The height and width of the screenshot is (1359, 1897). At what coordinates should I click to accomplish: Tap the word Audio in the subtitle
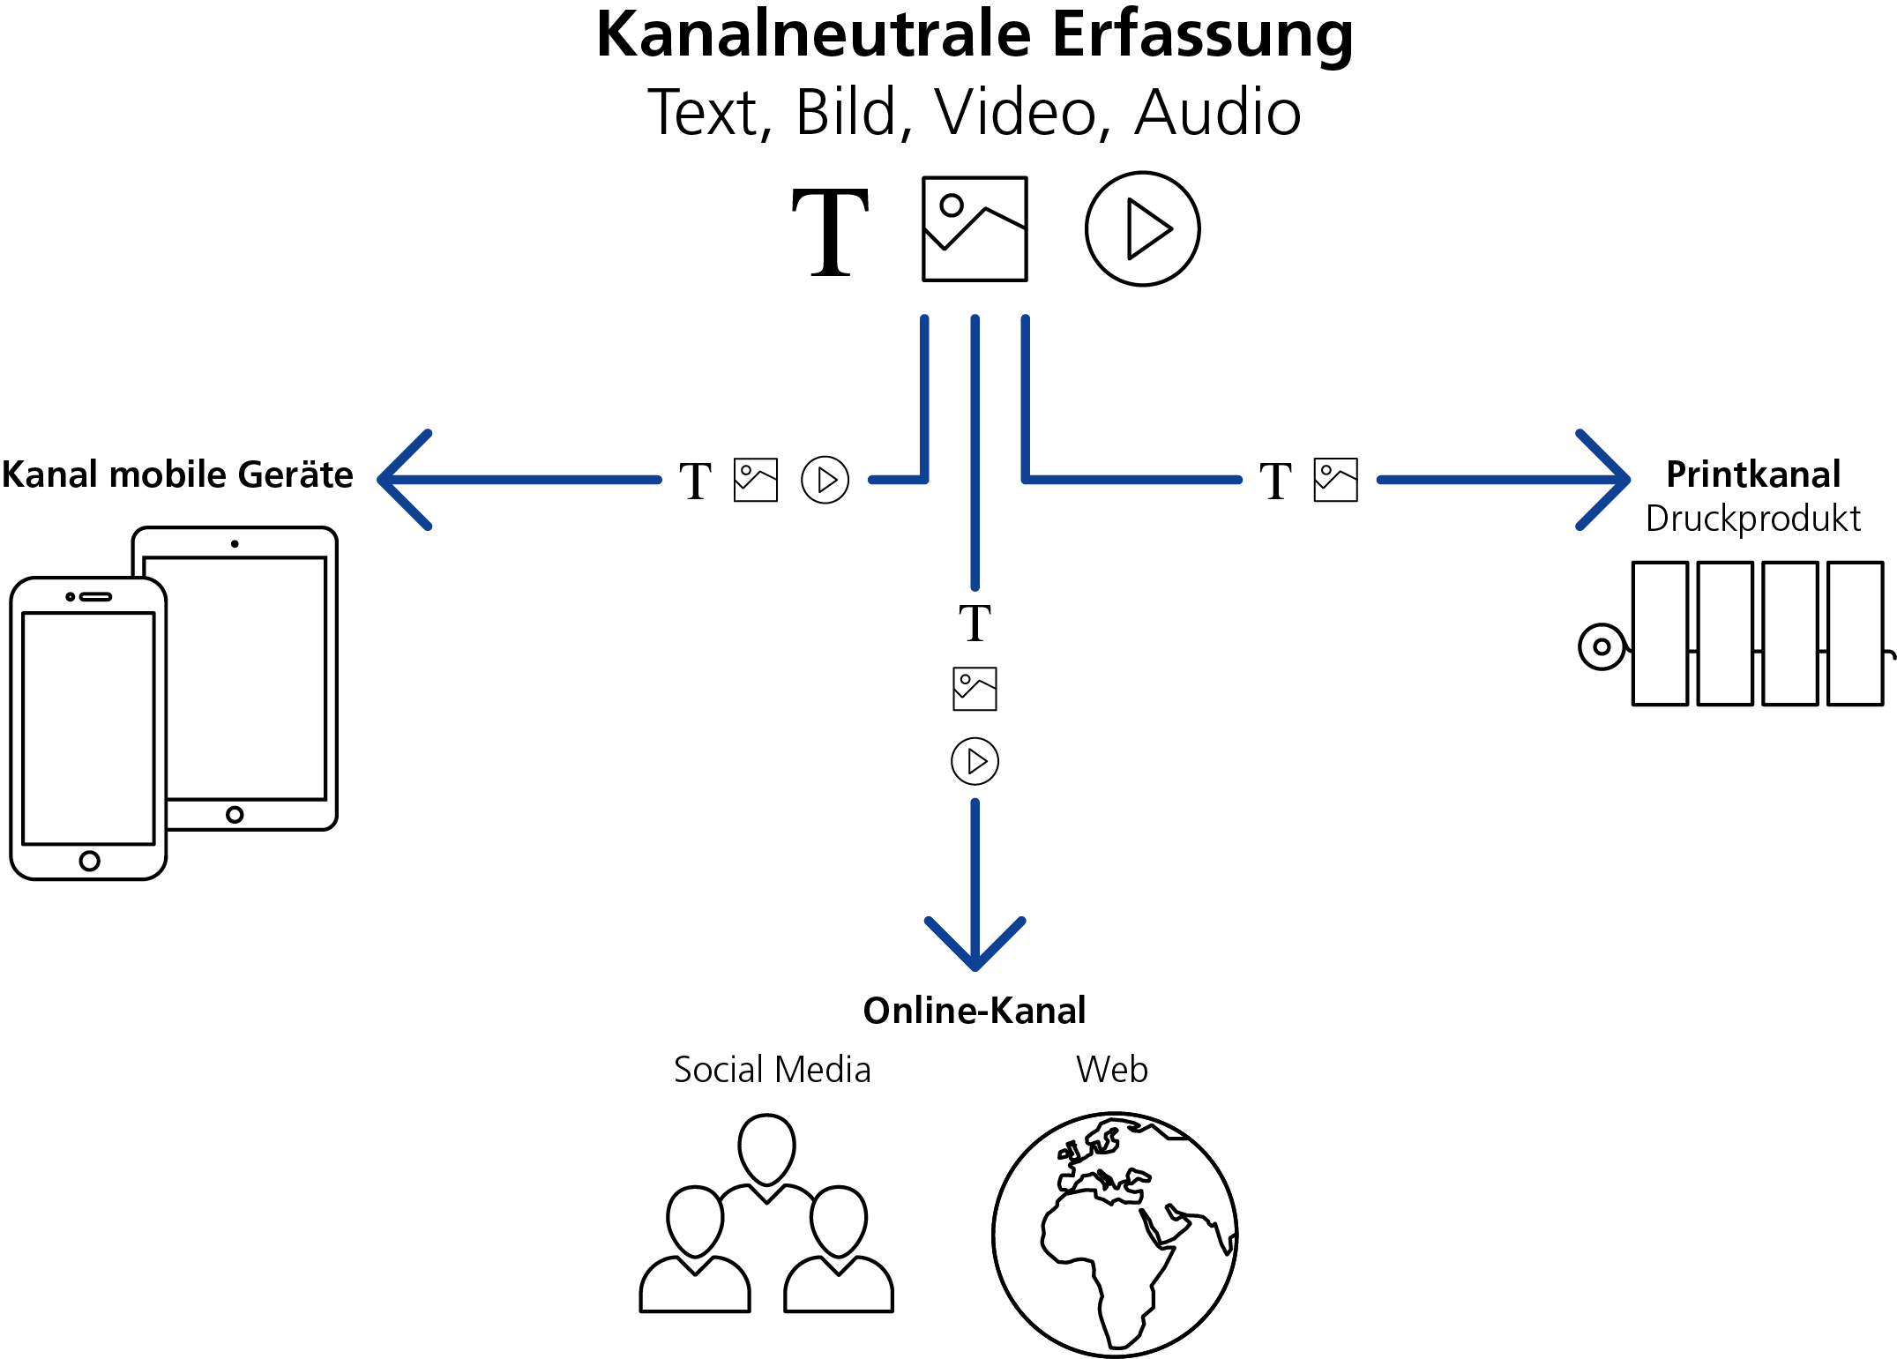coord(1217,113)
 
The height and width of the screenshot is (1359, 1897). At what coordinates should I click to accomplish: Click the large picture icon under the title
coord(975,229)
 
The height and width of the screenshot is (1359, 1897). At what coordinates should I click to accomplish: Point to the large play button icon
coord(1142,229)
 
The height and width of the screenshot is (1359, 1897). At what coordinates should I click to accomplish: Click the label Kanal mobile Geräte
coord(177,474)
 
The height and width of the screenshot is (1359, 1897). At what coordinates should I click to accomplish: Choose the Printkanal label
coord(1753,474)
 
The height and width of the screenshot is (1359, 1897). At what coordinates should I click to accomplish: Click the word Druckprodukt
coord(1753,519)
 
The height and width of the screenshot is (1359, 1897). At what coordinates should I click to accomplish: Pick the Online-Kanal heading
coord(975,1011)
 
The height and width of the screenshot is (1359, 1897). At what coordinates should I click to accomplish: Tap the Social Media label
coord(773,1070)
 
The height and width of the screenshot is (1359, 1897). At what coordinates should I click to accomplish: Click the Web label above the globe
coord(1112,1070)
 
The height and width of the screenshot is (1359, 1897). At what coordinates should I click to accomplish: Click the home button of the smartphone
coord(89,861)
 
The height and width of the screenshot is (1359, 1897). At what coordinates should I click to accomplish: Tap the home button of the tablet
coord(235,815)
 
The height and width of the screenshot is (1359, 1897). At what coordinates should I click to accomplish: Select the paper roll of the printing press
coord(1602,646)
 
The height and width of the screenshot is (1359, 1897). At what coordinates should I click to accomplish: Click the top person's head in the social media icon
coord(766,1148)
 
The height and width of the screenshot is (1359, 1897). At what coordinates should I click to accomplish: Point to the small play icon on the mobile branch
coord(825,480)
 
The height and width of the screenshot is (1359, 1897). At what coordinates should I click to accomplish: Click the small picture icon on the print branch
coord(1335,480)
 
